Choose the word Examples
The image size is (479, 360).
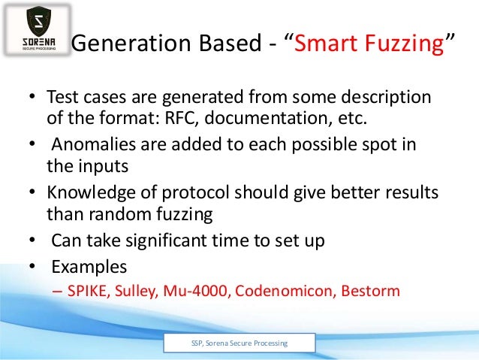click(x=89, y=266)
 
